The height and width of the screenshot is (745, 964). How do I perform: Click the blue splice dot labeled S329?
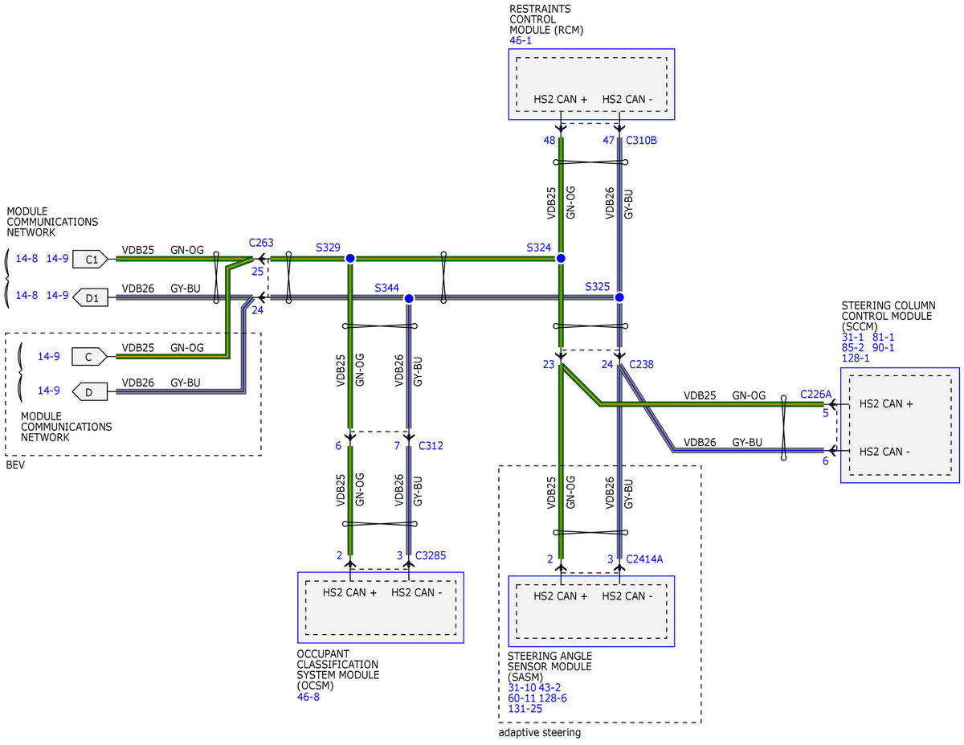(350, 258)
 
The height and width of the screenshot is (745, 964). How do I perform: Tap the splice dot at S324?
(561, 258)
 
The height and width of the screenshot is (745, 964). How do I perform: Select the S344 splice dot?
(409, 299)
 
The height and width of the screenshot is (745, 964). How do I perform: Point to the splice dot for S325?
(619, 297)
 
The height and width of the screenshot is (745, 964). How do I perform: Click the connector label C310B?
(641, 141)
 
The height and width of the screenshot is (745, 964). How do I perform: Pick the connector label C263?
(261, 243)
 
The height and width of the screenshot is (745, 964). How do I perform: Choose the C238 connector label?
(642, 364)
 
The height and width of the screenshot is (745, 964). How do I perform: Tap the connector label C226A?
(815, 394)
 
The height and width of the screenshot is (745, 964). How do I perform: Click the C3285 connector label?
(431, 555)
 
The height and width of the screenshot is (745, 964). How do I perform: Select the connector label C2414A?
(644, 559)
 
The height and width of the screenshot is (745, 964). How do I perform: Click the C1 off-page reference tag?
(90, 259)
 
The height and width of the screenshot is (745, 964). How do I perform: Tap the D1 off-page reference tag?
(90, 297)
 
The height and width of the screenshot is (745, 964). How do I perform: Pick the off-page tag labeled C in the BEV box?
(90, 357)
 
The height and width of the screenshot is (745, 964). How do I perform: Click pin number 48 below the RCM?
(549, 141)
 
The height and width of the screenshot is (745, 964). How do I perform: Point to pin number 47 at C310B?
(608, 141)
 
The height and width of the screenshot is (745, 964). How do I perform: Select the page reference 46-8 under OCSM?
(308, 697)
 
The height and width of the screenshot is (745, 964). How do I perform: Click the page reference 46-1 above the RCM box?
(521, 40)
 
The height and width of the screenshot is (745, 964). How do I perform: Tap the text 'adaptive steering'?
(540, 733)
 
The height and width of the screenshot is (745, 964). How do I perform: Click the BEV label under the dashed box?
(15, 465)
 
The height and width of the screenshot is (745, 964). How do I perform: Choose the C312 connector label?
(431, 445)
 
